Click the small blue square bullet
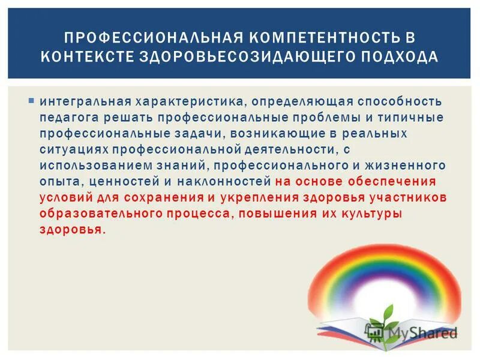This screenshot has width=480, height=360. [x=30, y=100]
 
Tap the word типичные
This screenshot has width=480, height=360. [x=410, y=117]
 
